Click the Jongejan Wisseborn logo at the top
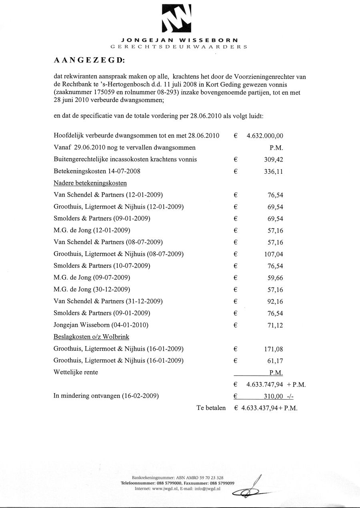coord(176,18)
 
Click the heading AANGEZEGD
coord(89,61)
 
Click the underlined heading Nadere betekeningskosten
coord(90,183)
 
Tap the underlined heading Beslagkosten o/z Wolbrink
coord(91,337)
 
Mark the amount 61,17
coord(275,361)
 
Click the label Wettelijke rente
coord(76,372)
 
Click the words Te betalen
coord(211,408)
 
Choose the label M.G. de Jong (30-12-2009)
coord(92,289)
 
